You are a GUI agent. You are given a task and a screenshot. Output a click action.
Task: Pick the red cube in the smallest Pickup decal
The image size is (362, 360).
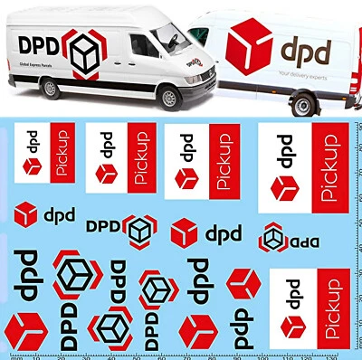[33, 165]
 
